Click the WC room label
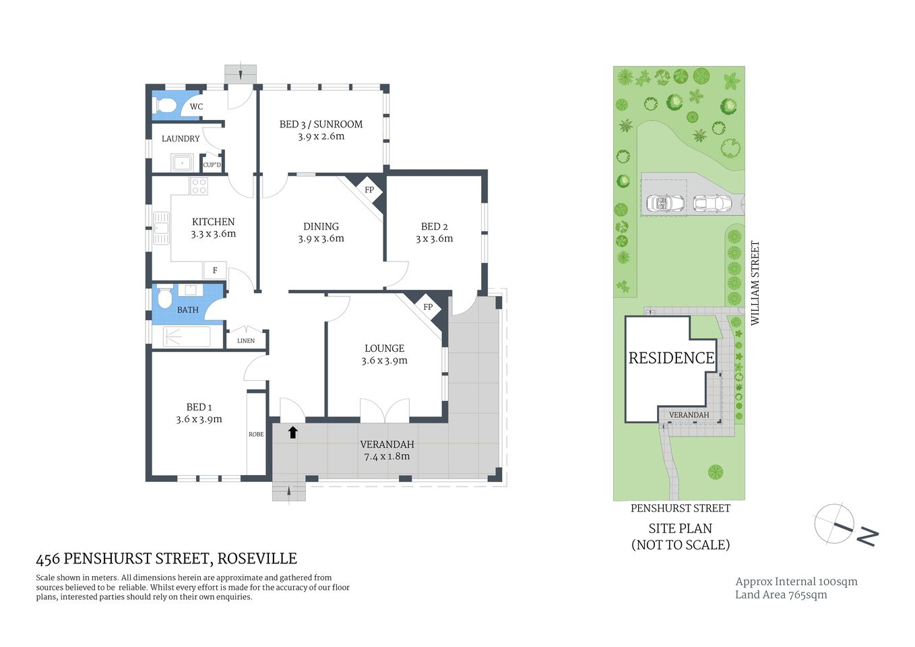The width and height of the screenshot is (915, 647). pos(196,106)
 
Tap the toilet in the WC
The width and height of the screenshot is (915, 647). pos(166,106)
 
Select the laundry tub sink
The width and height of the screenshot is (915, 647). pos(182,163)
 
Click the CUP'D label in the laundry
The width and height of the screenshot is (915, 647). pos(212,164)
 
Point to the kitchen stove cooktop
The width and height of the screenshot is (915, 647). pos(199,186)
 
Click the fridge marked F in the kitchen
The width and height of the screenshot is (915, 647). pos(215,270)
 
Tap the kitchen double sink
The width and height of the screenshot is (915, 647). pos(161,228)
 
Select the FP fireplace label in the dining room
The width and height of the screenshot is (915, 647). pos(369,190)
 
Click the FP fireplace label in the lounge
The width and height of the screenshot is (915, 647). pos(428,307)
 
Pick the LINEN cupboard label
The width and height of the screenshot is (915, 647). pos(246,340)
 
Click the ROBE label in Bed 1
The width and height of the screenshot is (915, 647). pos(256,434)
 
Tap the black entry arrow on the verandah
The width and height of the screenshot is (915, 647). pos(293,432)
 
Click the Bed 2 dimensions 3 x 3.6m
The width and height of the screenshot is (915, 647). pos(434,239)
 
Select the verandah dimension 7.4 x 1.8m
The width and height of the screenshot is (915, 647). pos(387,456)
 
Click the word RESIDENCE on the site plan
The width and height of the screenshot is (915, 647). pos(671,358)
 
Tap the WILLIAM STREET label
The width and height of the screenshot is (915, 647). pos(755,283)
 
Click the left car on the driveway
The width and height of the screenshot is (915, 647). pos(665,203)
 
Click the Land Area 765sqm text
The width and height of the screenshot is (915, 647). pos(781,594)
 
